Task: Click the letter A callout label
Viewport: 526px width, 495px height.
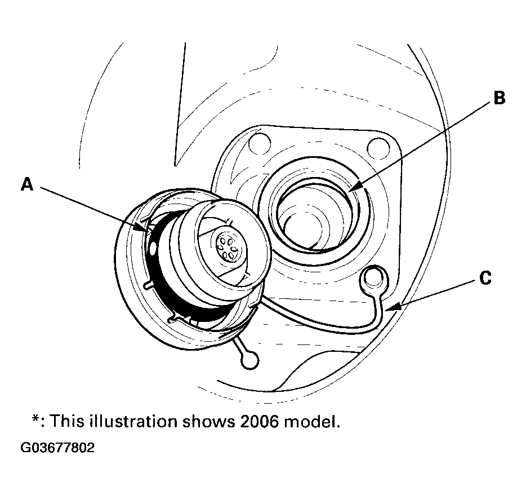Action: [x=28, y=184]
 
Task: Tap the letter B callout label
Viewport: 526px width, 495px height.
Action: [x=498, y=98]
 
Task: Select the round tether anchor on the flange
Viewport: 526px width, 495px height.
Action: [x=373, y=279]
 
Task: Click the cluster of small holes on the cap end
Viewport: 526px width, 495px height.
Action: [x=229, y=247]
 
